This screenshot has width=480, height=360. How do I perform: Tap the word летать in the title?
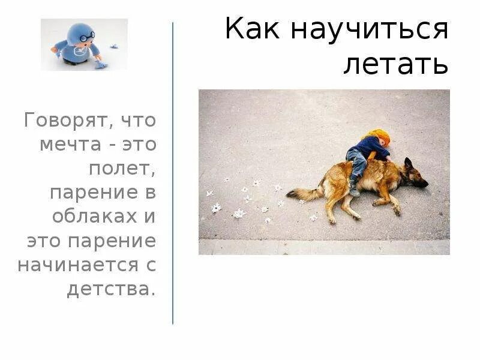[x=396, y=64]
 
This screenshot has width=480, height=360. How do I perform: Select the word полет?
[x=122, y=169]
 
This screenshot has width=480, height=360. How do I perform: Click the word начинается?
[x=74, y=265]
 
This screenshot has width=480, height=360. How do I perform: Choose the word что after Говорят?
[x=138, y=121]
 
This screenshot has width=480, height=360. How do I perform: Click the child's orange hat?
[x=379, y=136]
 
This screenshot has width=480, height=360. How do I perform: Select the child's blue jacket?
[x=368, y=147]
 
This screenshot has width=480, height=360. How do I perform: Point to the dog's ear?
[x=409, y=163]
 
